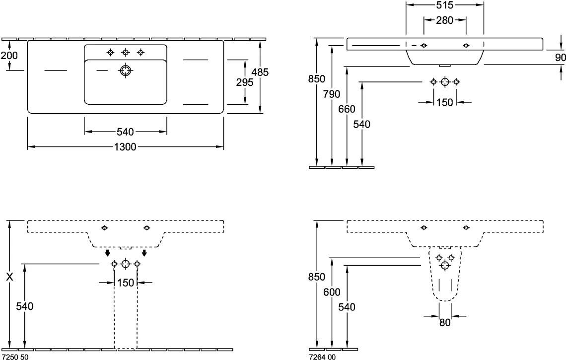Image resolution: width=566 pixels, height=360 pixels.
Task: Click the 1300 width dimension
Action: click(126, 146)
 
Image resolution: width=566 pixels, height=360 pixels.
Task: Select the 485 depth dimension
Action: click(260, 72)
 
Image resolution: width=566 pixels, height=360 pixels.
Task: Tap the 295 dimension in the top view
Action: click(245, 82)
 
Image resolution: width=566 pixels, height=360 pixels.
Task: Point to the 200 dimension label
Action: click(9, 55)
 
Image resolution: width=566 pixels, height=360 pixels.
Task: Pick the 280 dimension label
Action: click(444, 20)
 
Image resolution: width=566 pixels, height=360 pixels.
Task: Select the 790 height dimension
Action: click(332, 94)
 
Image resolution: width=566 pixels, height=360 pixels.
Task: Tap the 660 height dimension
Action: click(347, 109)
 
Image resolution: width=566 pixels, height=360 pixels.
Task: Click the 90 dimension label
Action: click(560, 58)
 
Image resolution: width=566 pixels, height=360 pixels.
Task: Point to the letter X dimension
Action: click(10, 277)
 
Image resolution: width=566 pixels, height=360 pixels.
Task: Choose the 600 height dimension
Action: click(332, 292)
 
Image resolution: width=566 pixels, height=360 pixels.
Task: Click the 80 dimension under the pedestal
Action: click(445, 322)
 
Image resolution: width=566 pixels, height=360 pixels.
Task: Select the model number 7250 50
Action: click(14, 357)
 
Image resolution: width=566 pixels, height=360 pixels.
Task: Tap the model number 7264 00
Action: click(322, 357)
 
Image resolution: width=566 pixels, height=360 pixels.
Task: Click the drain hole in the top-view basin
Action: click(125, 70)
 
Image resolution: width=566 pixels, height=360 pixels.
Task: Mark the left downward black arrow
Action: click(107, 253)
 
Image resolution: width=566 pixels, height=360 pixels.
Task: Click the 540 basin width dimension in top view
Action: click(125, 132)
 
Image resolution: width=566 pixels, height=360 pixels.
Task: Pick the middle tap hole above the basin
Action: click(125, 52)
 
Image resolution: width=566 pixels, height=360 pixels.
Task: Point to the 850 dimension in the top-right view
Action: click(317, 79)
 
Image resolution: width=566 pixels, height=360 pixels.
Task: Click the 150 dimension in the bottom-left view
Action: click(126, 283)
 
